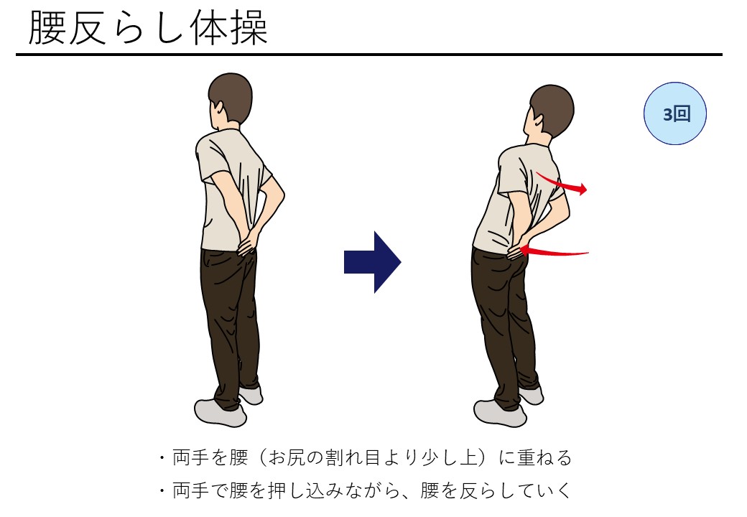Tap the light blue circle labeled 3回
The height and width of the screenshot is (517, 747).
[x=674, y=113]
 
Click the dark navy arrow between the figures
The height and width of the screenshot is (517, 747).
[x=373, y=262]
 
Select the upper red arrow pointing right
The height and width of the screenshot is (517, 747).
[x=562, y=183]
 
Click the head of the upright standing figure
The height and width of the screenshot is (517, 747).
[x=231, y=100]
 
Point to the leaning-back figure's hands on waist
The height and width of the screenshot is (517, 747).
[x=519, y=248]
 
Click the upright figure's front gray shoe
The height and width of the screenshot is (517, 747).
[x=220, y=413]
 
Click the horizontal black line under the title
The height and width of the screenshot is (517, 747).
[x=369, y=55]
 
